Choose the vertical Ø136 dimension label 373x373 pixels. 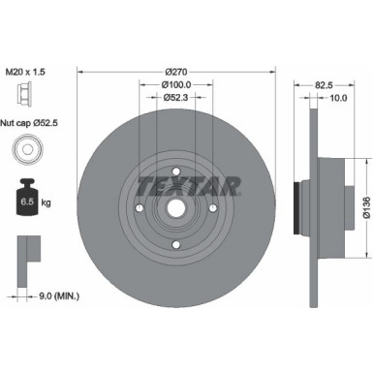coord(366,208)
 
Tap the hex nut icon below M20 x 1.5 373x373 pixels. coord(21,96)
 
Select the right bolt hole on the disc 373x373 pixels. coord(210,208)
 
